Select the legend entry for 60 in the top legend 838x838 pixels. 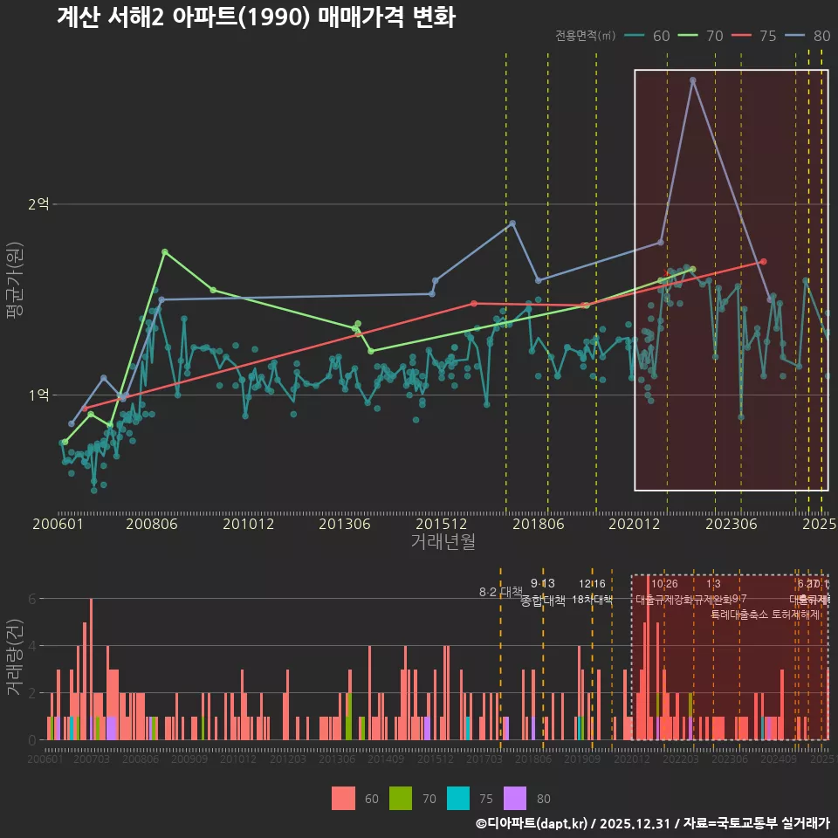[649, 36]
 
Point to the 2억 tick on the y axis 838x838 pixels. [38, 204]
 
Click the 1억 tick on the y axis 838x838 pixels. [38, 395]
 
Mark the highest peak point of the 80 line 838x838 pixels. [692, 80]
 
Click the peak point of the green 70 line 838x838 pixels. [165, 251]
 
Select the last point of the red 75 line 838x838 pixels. [763, 261]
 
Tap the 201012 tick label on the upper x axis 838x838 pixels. [249, 525]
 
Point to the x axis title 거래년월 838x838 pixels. [443, 542]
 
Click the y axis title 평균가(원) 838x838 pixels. [15, 302]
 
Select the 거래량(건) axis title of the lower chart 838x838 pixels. [15, 657]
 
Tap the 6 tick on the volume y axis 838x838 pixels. [31, 599]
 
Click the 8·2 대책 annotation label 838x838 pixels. [499, 592]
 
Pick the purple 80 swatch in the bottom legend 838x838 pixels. [515, 798]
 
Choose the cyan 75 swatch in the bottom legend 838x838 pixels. [458, 798]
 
